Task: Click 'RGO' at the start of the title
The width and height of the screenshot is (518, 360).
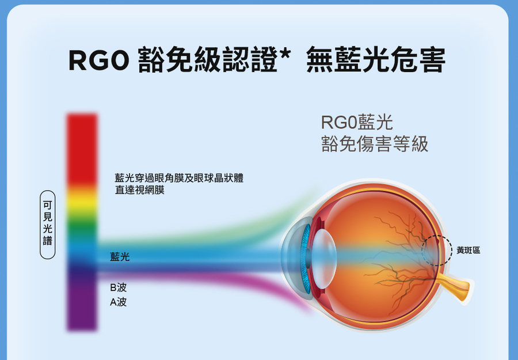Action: coord(98,60)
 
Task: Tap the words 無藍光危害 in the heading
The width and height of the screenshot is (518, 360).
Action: coord(376,60)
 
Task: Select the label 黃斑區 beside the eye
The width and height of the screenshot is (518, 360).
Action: coord(468,250)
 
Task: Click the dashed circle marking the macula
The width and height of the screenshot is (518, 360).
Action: coord(452,250)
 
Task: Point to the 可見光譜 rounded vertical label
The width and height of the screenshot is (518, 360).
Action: coord(48,225)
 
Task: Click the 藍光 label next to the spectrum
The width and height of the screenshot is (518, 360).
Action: coord(120,256)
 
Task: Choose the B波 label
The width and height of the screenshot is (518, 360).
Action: coord(118,287)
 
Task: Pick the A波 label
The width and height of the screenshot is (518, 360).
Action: coord(118,302)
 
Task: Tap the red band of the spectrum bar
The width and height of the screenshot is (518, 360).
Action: coord(82,149)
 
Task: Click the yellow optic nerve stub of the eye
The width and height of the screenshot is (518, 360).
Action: coord(456,287)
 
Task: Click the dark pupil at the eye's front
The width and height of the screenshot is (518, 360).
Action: coord(308,258)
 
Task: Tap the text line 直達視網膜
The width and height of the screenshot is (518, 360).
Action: coord(139,190)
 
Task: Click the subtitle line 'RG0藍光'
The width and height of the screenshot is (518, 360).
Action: coord(357,122)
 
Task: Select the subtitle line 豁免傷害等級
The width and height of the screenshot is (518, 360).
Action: coord(375,144)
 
